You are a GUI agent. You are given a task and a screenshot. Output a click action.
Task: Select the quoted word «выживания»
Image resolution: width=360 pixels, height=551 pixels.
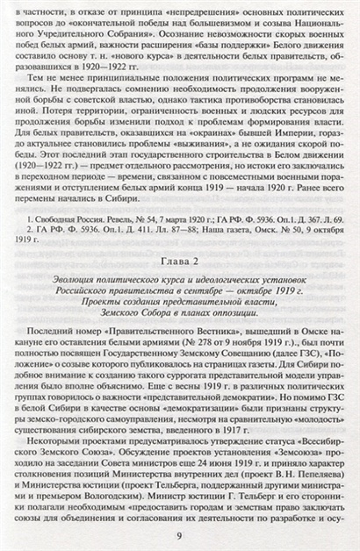pos(183,145)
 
